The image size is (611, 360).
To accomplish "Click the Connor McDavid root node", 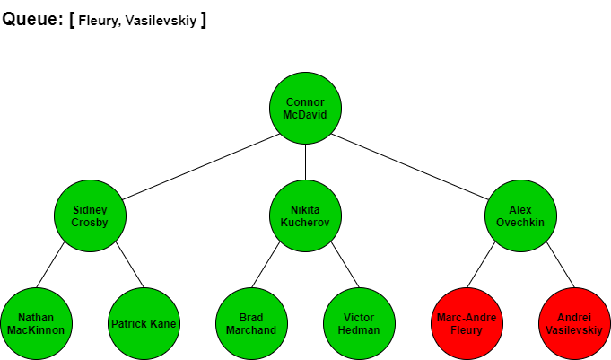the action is pyautogui.click(x=305, y=108).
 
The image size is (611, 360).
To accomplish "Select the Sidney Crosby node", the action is pyautogui.click(x=90, y=215).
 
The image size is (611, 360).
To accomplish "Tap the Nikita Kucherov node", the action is pyautogui.click(x=305, y=215).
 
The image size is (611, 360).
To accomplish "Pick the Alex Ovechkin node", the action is pyautogui.click(x=520, y=215).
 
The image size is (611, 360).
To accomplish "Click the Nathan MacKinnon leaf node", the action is pyautogui.click(x=36, y=324).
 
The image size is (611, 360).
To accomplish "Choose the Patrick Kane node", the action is pyautogui.click(x=144, y=324).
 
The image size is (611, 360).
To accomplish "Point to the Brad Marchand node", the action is pyautogui.click(x=251, y=324).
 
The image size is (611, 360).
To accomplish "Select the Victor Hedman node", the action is pyautogui.click(x=359, y=324).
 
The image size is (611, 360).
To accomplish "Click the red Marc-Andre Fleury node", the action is pyautogui.click(x=467, y=324).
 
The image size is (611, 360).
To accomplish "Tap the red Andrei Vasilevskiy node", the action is pyautogui.click(x=574, y=324).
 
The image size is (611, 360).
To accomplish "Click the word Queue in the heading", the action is pyautogui.click(x=30, y=19).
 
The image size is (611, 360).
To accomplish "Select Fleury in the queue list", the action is pyautogui.click(x=98, y=21).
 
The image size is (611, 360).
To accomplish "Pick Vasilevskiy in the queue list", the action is pyautogui.click(x=161, y=21).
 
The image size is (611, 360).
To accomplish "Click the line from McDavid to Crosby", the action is pyautogui.click(x=201, y=167).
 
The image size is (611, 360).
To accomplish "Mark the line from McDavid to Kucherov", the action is pyautogui.click(x=305, y=162).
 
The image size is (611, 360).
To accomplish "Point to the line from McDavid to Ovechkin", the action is pyautogui.click(x=409, y=167).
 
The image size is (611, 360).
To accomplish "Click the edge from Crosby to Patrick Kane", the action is pyautogui.click(x=130, y=265).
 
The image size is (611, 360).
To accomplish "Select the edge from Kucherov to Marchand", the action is pyautogui.click(x=266, y=265).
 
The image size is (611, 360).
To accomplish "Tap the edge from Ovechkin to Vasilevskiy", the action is pyautogui.click(x=561, y=265).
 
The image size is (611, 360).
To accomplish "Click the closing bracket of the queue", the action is pyautogui.click(x=203, y=21).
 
